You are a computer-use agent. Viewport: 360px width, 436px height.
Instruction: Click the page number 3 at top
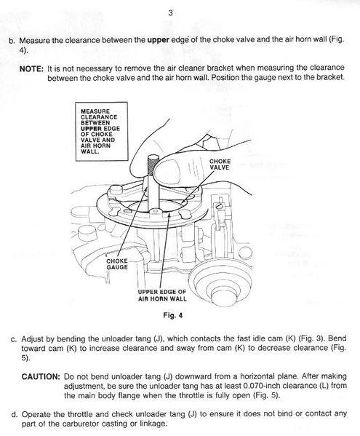(170, 13)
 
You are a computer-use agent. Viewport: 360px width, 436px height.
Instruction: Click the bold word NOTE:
(31, 68)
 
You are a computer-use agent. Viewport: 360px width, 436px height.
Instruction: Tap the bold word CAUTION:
(41, 377)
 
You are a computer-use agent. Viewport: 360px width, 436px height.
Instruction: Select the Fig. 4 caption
(173, 315)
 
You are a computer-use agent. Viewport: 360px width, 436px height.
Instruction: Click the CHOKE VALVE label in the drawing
(220, 165)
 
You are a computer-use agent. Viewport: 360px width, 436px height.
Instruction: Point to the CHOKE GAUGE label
(117, 264)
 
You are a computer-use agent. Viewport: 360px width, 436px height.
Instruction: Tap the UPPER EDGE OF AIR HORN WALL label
(162, 296)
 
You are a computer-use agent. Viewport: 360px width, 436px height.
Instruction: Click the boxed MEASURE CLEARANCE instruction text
(100, 131)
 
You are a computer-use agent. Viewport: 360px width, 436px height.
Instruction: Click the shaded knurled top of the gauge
(153, 165)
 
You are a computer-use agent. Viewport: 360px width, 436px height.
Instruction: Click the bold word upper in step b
(159, 40)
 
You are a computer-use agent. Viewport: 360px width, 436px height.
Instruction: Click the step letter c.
(13, 340)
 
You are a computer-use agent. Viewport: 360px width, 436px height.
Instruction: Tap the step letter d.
(14, 415)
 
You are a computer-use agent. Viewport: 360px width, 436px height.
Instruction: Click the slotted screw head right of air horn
(219, 206)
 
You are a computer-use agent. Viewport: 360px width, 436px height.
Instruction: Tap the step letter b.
(12, 41)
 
